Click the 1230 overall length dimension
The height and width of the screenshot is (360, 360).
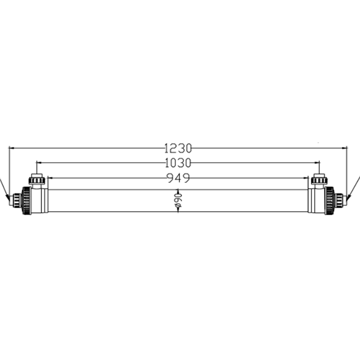click(x=178, y=148)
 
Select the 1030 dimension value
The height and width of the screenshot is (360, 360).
click(x=178, y=163)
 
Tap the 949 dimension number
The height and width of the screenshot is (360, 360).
click(x=178, y=178)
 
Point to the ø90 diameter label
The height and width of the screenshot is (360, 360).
click(x=178, y=201)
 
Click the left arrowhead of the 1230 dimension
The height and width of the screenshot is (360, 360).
click(x=12, y=148)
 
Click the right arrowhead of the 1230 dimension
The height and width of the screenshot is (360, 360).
click(x=344, y=148)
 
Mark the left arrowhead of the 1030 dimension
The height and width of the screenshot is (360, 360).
click(x=39, y=162)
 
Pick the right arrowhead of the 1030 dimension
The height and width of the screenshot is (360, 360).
click(x=317, y=162)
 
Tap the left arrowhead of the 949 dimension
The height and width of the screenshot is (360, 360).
click(x=50, y=178)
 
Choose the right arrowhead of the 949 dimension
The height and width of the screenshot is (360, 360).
click(x=306, y=178)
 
